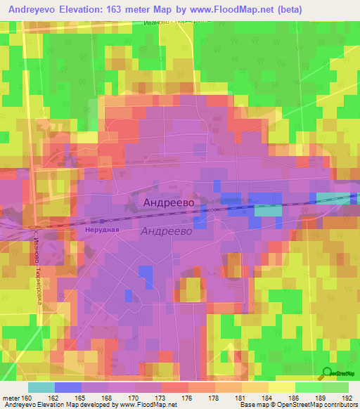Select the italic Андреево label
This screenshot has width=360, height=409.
[166, 231]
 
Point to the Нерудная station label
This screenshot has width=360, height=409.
[97, 229]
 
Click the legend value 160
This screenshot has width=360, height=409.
[27, 397]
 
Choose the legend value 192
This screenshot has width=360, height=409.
[348, 397]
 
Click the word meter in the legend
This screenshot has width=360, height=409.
[10, 397]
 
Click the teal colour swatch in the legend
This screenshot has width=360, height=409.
[41, 387]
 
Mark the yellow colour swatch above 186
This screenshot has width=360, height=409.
[282, 387]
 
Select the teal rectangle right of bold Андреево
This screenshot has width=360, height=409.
[266, 210]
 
